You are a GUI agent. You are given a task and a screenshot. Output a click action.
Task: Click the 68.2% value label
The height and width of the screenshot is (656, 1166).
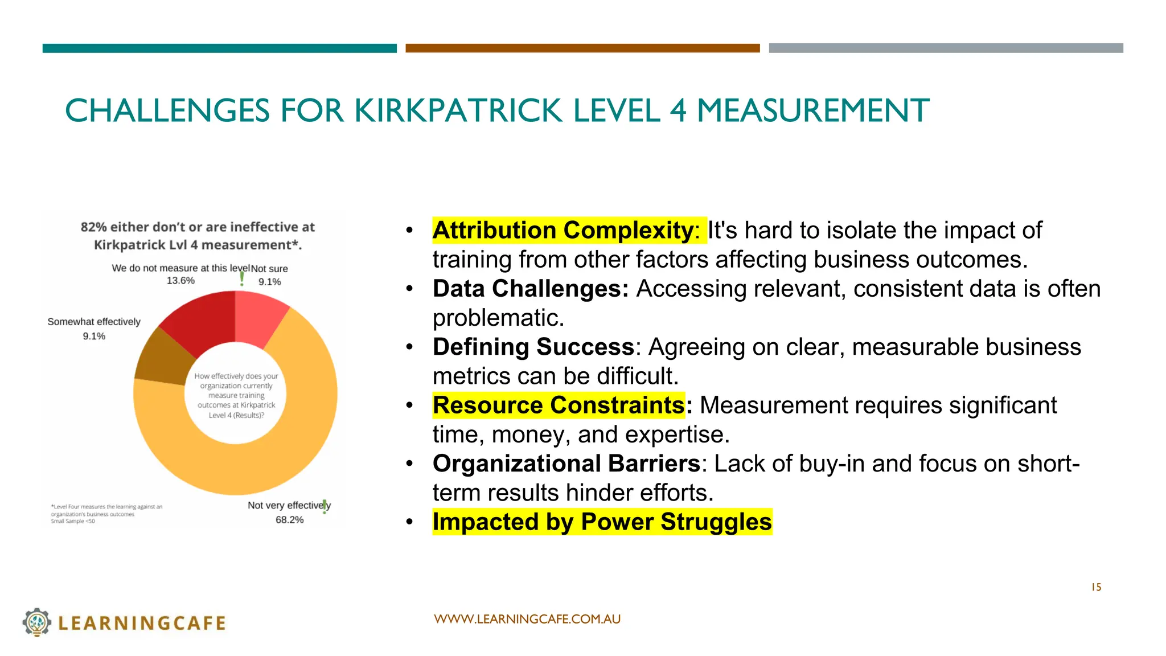click(x=289, y=520)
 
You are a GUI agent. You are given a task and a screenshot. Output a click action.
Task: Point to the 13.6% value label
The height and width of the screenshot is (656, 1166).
click(x=180, y=281)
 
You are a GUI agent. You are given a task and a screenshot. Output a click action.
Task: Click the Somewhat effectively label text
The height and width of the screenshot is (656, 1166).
click(x=94, y=322)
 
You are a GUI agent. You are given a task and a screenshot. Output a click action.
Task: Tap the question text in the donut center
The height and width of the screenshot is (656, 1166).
click(x=236, y=395)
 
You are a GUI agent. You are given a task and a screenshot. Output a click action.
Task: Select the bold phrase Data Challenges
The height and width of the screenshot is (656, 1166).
click(x=530, y=289)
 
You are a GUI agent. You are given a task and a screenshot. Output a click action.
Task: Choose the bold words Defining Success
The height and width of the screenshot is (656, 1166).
click(x=533, y=347)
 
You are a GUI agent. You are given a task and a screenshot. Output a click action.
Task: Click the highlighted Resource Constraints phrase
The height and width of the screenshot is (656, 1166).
click(x=558, y=405)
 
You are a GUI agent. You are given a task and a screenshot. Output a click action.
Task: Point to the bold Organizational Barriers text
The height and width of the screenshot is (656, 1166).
click(x=566, y=464)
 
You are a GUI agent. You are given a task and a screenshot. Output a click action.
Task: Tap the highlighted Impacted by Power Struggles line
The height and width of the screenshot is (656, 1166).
click(x=602, y=522)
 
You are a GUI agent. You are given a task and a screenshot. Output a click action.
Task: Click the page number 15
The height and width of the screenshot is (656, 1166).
click(x=1096, y=587)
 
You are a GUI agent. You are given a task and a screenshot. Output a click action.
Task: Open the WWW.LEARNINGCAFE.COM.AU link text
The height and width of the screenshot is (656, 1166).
click(x=527, y=619)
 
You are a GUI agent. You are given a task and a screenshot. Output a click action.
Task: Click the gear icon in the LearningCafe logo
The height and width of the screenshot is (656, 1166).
click(x=37, y=622)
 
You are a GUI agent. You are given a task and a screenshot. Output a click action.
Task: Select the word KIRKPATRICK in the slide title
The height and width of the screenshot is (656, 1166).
click(x=459, y=110)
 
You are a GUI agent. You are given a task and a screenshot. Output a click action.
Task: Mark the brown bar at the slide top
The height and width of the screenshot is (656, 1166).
click(x=582, y=48)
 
